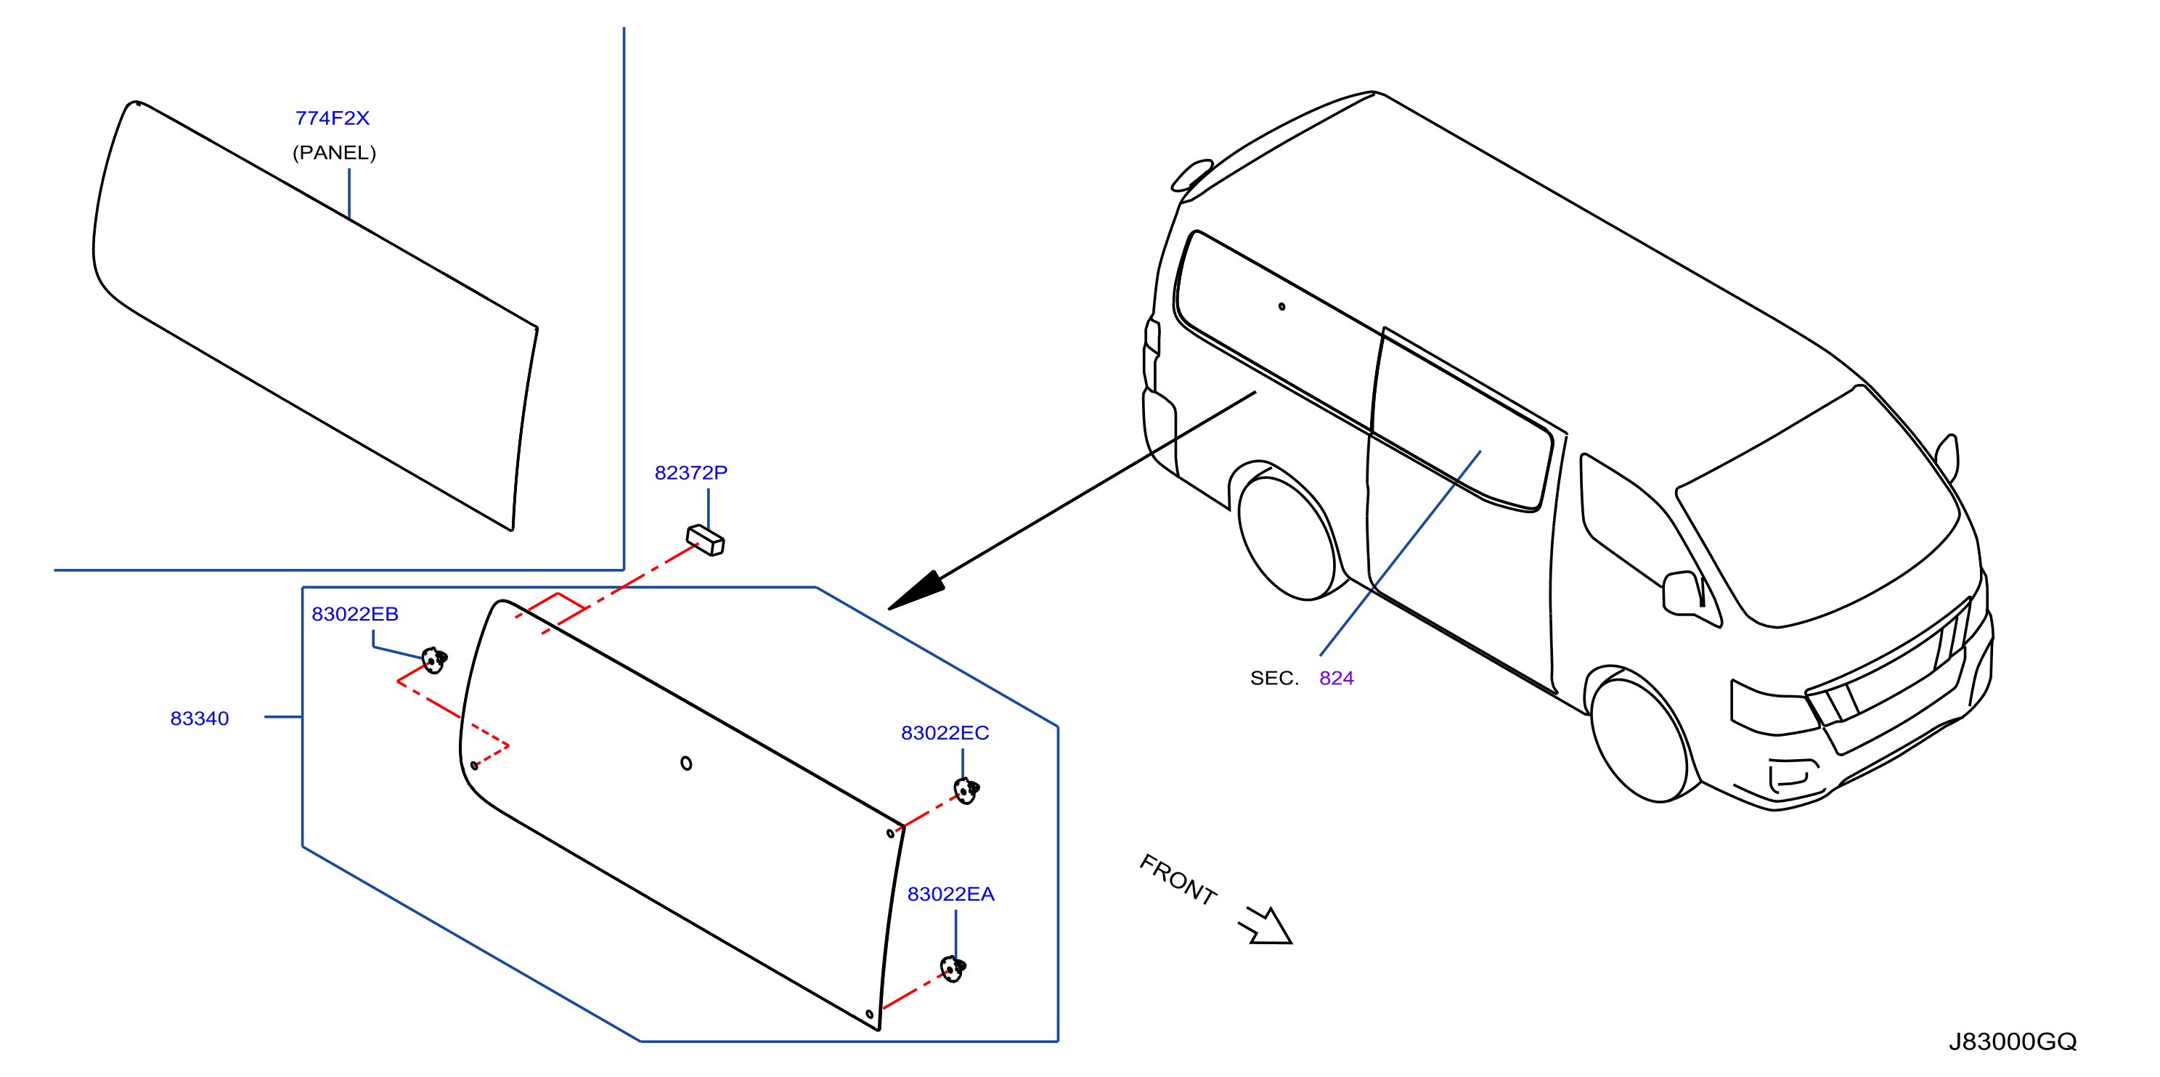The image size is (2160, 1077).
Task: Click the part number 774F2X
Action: [332, 118]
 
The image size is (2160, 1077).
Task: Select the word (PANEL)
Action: [334, 152]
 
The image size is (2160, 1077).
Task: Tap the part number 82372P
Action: [691, 472]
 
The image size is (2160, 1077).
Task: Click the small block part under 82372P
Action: [705, 540]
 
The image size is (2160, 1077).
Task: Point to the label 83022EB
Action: [355, 615]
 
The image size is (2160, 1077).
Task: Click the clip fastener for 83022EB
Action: [433, 660]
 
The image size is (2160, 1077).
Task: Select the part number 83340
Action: [200, 718]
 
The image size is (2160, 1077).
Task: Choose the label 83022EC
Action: [945, 734]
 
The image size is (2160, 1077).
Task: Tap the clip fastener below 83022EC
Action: [966, 790]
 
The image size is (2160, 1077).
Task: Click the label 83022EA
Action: [951, 894]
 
